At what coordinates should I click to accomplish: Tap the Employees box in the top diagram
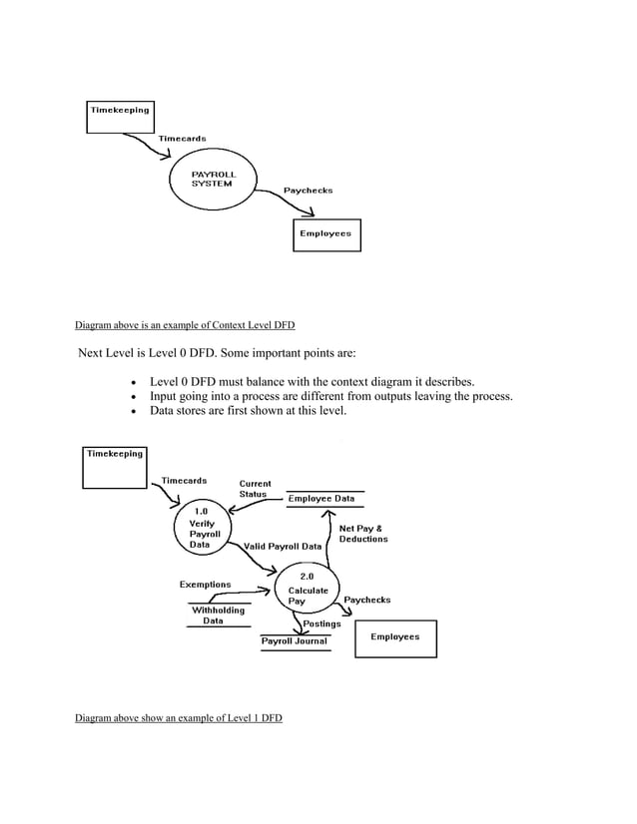[x=325, y=233]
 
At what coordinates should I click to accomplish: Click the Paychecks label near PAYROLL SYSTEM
[x=308, y=190]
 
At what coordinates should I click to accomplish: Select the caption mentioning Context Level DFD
[x=185, y=325]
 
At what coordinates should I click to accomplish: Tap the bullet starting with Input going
[x=330, y=396]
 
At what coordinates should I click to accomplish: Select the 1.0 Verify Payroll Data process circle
[x=208, y=529]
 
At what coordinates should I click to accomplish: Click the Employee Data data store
[x=320, y=499]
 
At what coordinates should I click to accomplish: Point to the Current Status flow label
[x=255, y=489]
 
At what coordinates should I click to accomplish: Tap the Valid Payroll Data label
[x=283, y=547]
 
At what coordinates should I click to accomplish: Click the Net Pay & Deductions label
[x=363, y=534]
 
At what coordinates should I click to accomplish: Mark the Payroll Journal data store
[x=294, y=641]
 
